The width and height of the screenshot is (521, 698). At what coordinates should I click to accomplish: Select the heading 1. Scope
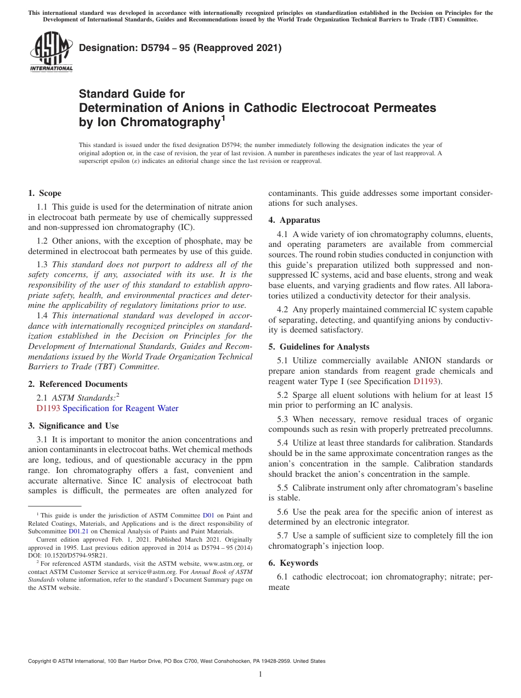point(45,193)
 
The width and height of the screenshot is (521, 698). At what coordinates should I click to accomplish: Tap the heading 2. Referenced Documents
point(78,384)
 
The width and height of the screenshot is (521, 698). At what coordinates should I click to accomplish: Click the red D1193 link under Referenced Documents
point(48,408)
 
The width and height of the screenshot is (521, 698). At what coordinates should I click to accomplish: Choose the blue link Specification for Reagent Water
point(121,408)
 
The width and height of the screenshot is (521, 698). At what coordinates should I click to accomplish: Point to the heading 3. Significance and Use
point(73,426)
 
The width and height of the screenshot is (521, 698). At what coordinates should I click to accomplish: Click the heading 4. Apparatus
point(294,220)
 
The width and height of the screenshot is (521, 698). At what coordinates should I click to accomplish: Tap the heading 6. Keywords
point(293,563)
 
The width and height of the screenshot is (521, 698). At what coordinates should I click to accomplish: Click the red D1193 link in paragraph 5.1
point(426,381)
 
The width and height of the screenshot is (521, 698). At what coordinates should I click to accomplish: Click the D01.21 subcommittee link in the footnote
point(78,531)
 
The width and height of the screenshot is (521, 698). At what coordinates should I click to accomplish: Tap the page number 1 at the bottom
point(260,674)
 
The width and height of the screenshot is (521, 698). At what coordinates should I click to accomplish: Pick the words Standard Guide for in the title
point(132,94)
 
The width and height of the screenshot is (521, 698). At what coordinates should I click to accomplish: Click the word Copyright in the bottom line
point(41,661)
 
